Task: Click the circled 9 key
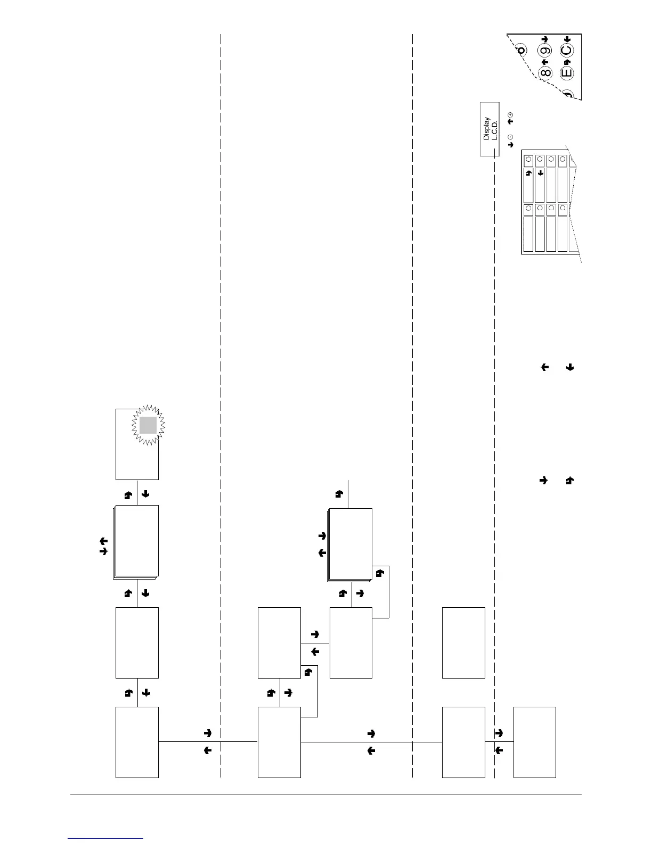[544, 51]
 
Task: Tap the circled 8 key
[545, 72]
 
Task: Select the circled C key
[567, 51]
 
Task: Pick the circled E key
[567, 72]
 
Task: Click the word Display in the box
[486, 129]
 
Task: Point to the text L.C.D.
[494, 130]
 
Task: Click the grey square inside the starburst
[148, 425]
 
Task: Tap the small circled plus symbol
[510, 115]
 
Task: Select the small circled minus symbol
[510, 137]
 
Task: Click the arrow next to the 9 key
[544, 39]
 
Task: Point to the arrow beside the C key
[567, 39]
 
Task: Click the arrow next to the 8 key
[544, 62]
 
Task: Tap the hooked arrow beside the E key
[567, 62]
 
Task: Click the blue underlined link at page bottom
[105, 838]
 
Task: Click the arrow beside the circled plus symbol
[510, 122]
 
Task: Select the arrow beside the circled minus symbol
[510, 144]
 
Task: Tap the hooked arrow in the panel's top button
[528, 173]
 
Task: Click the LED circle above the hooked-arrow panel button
[528, 160]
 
